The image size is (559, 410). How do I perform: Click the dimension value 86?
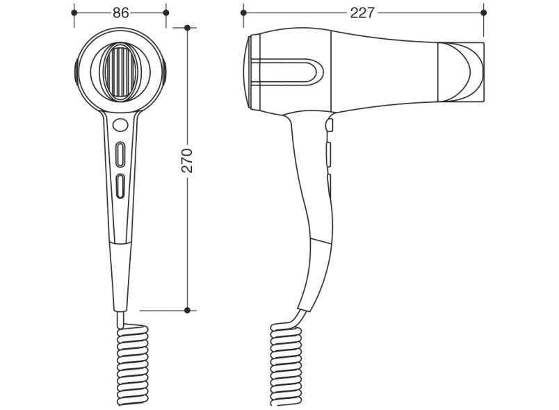(120, 13)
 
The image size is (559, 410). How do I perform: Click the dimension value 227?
(362, 13)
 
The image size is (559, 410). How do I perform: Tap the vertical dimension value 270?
(187, 161)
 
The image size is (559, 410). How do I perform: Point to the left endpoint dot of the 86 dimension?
(74, 13)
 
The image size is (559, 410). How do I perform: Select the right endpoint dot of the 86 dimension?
(165, 13)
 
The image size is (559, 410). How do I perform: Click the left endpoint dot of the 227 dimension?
(243, 13)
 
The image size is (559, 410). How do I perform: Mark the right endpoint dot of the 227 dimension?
(484, 13)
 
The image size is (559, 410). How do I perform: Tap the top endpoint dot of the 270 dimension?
(188, 27)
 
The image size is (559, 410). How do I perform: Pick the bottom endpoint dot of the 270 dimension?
(188, 310)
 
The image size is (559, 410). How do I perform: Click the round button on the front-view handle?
(120, 124)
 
